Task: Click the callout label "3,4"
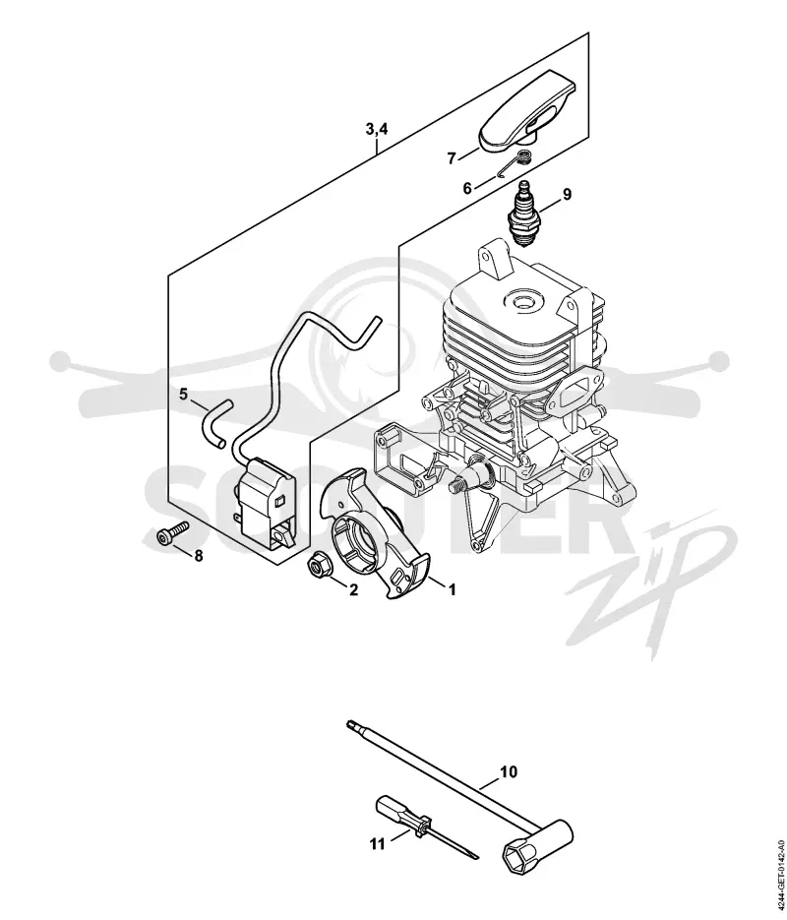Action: pos(377,129)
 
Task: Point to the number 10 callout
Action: pos(509,772)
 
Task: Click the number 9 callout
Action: pos(567,194)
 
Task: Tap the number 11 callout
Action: pos(378,844)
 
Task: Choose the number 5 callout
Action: pos(184,395)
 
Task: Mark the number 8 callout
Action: pos(198,555)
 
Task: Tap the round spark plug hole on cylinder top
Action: pos(521,301)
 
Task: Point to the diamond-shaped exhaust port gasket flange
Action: pos(570,393)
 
